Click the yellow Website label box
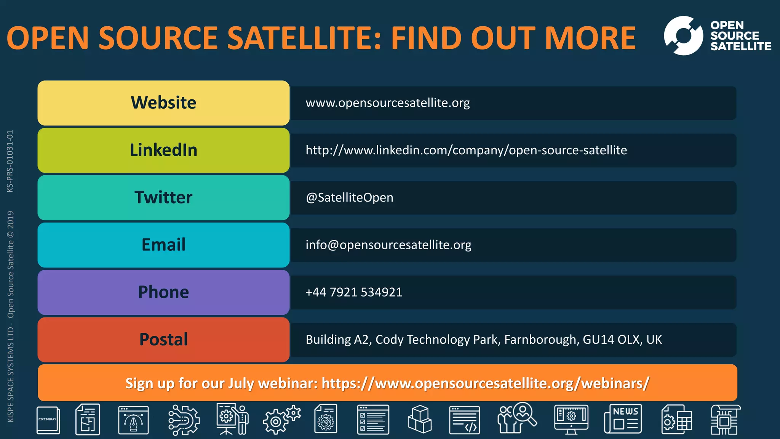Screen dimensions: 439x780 163,103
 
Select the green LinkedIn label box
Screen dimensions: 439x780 163,150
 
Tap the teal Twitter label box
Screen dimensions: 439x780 163,197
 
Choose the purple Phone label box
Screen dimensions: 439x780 163,292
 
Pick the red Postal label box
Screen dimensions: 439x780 163,340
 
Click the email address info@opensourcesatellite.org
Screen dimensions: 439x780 388,245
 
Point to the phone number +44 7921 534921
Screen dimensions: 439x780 354,292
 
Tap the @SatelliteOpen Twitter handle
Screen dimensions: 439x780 349,198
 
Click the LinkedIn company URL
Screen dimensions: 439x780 466,150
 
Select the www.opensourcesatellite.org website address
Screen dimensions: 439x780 387,103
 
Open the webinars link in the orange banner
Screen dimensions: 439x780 485,383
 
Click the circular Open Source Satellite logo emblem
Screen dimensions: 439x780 683,36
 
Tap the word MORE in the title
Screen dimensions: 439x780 590,38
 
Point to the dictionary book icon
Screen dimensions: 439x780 48,420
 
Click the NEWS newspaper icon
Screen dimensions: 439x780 623,419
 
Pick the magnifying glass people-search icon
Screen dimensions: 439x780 517,418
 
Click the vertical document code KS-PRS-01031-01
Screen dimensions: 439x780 10,161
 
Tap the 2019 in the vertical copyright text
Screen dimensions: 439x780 10,220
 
